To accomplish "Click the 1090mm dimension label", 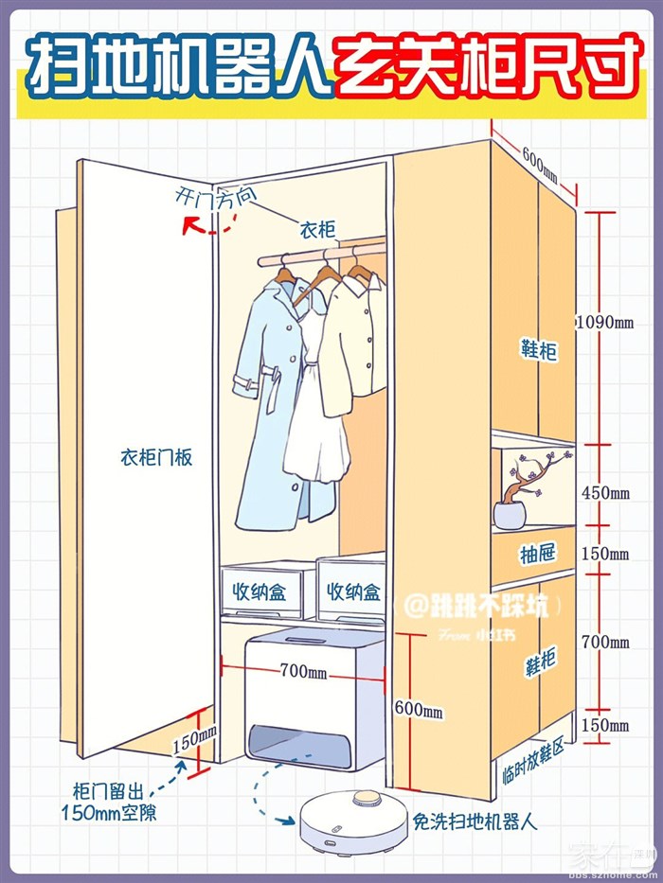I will pyautogui.click(x=606, y=322).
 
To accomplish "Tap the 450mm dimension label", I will pyautogui.click(x=606, y=493).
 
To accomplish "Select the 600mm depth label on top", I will pyautogui.click(x=540, y=162).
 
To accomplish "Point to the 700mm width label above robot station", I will pyautogui.click(x=303, y=672).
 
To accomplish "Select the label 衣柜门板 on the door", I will pyautogui.click(x=156, y=457).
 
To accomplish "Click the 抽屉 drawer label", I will pyautogui.click(x=537, y=554).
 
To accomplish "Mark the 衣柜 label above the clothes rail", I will pyautogui.click(x=317, y=230).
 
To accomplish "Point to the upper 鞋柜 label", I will pyautogui.click(x=538, y=351).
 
